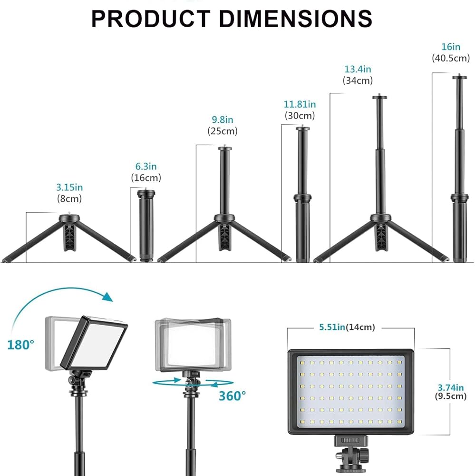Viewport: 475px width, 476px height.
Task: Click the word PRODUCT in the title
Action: [151, 19]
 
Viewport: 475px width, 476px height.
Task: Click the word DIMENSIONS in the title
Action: [295, 19]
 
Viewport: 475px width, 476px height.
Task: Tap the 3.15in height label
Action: [69, 187]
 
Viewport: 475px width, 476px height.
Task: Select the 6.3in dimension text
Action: [146, 166]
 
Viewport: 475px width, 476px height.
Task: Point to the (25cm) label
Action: [223, 131]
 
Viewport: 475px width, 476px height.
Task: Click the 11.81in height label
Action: [300, 104]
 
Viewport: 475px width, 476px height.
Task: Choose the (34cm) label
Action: [358, 80]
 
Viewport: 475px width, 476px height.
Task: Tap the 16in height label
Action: [451, 47]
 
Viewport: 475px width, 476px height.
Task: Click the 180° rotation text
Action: [20, 345]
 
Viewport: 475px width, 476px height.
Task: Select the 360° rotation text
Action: [233, 396]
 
